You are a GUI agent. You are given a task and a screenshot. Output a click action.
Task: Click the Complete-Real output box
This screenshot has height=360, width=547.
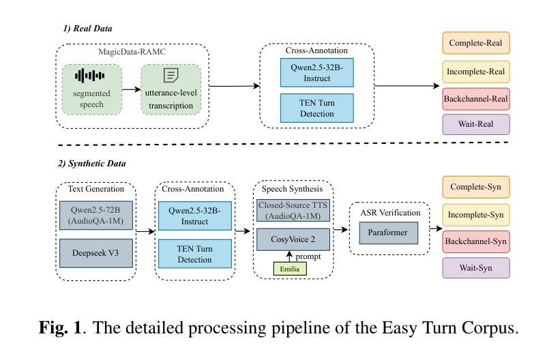coord(476,43)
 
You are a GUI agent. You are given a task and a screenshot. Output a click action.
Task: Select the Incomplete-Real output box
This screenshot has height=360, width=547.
coord(476,71)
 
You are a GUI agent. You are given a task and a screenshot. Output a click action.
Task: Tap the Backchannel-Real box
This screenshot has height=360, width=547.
coord(476,98)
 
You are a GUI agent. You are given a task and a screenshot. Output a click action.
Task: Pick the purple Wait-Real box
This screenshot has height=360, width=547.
coord(476,125)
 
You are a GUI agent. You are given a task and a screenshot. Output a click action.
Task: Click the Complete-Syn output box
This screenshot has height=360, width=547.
coord(476,187)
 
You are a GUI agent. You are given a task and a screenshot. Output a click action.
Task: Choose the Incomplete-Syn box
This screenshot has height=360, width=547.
coord(476,214)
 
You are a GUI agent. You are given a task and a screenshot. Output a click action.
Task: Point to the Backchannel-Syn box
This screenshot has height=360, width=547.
coord(476,241)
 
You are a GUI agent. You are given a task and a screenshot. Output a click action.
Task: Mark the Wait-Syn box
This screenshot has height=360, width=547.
coord(476,268)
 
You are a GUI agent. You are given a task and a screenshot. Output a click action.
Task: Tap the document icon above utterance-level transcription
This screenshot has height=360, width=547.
coord(170,75)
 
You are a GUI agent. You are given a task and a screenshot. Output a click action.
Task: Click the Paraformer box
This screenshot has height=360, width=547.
coord(388,233)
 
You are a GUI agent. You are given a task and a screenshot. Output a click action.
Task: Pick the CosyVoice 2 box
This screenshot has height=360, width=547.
coord(293,240)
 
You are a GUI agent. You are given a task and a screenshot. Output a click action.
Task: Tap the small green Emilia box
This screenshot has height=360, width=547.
coord(290,269)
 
